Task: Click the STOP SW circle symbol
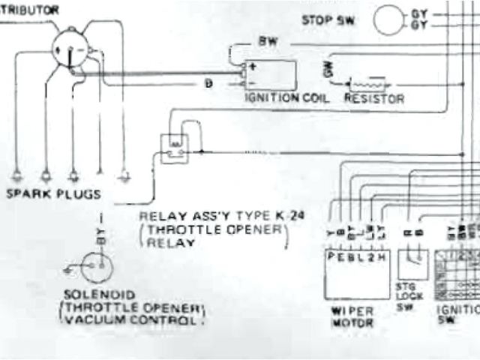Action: coord(389,20)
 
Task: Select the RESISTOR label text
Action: coord(374,98)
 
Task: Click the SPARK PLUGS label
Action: coord(53,194)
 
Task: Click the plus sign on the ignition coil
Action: coord(253,66)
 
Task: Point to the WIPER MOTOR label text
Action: coord(352,317)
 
